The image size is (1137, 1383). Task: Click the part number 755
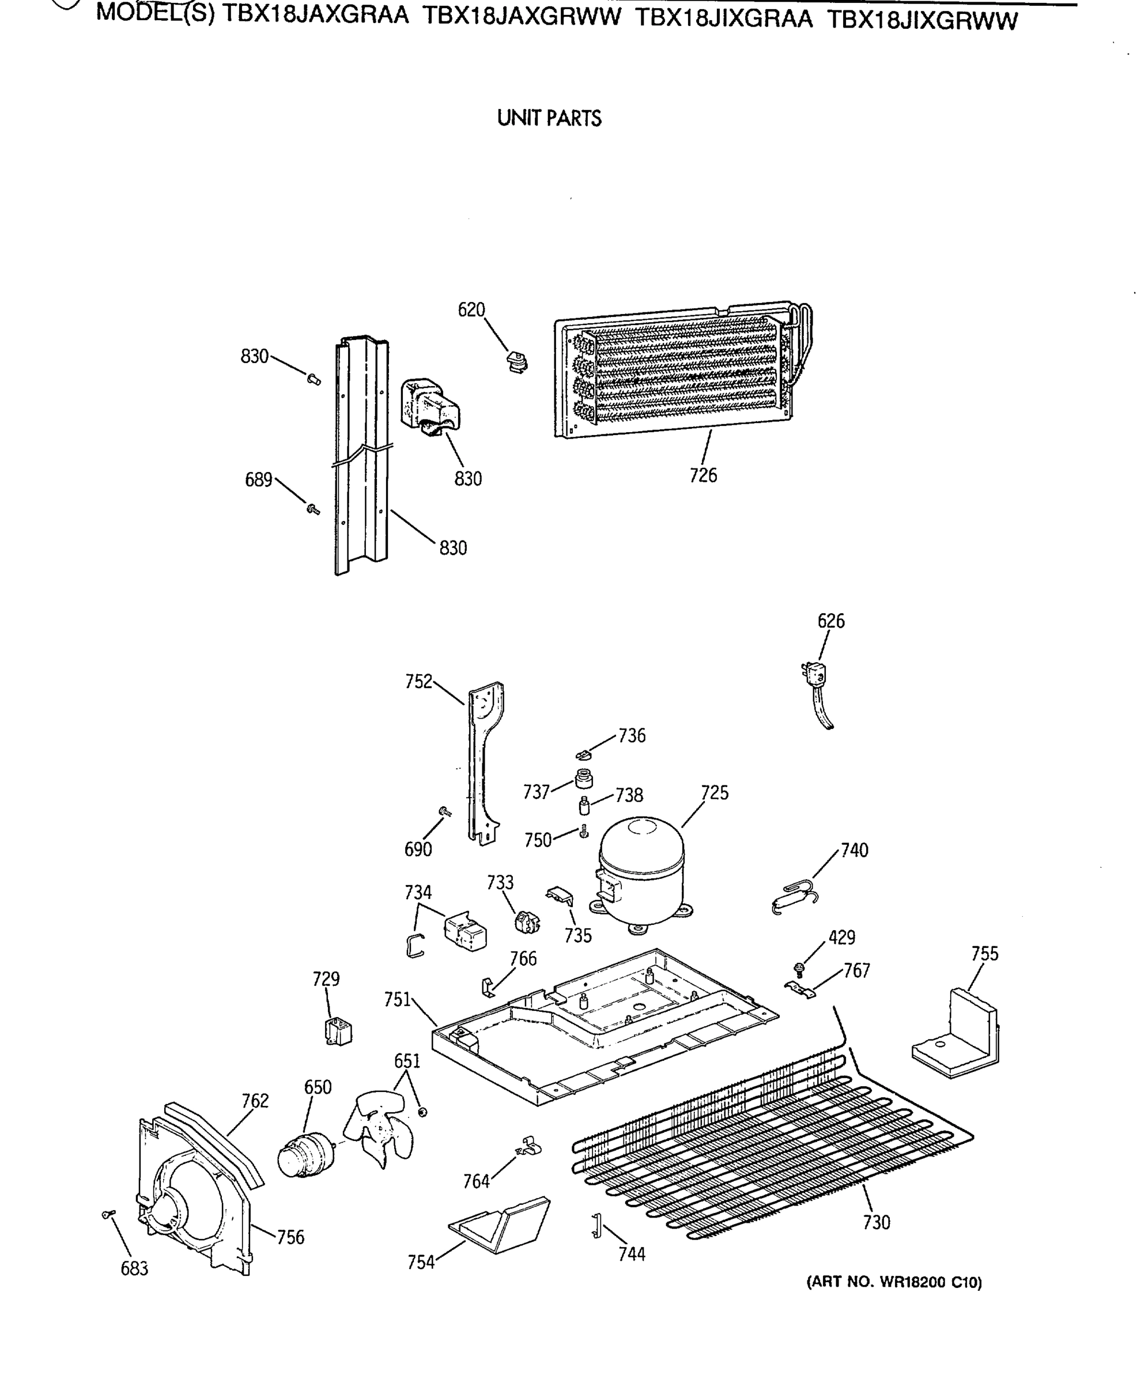pos(984,954)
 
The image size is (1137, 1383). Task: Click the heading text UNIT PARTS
pos(549,119)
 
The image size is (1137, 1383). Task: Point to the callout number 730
pos(877,1223)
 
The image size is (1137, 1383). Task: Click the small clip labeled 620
pos(517,361)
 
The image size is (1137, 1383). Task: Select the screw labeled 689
pos(313,508)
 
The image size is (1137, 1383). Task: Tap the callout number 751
pos(397,1000)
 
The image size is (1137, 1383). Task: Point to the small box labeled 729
pos(338,1032)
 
